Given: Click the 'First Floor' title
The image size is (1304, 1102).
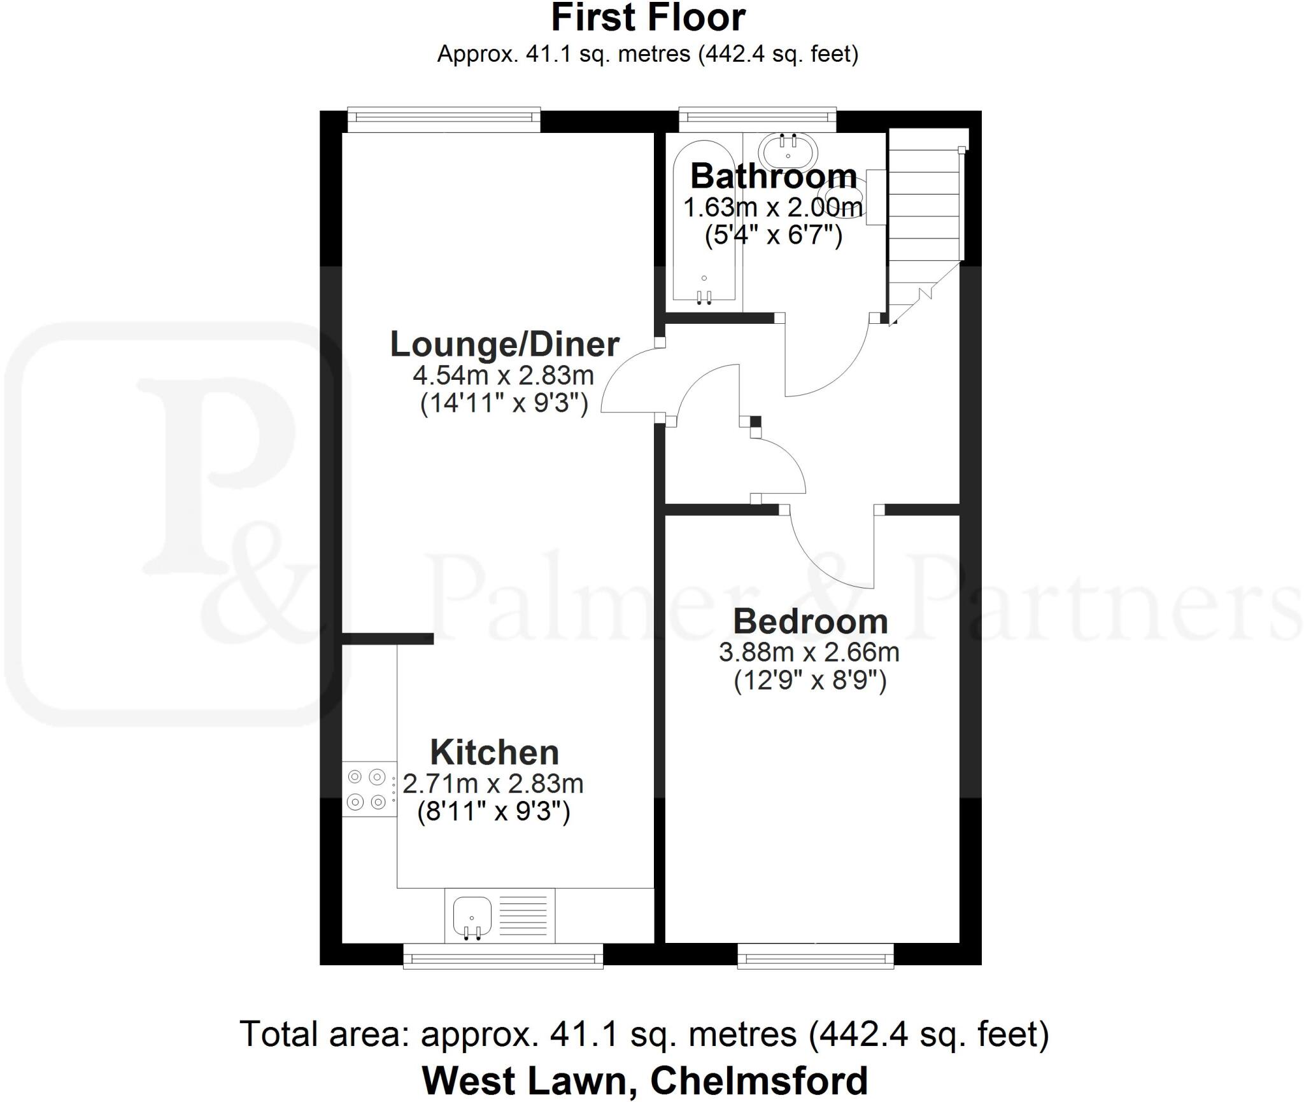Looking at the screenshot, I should click(648, 18).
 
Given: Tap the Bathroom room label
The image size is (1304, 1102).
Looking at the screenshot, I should click(773, 176).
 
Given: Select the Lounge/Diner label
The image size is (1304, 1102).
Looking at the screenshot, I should click(504, 344).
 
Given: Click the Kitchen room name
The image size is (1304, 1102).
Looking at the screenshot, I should click(494, 753).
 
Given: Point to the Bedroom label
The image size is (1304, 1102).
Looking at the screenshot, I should click(810, 622).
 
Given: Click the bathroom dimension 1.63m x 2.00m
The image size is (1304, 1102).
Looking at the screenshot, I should click(773, 207).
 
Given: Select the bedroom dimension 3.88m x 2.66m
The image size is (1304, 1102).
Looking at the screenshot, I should click(809, 652).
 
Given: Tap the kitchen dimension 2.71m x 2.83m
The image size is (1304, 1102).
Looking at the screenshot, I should click(493, 784).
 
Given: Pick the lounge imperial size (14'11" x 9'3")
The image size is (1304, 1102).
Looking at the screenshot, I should click(504, 403).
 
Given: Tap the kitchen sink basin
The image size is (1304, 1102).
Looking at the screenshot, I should click(472, 916).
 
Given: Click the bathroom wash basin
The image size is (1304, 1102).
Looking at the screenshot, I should click(788, 150).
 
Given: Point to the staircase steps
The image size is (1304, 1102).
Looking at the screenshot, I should click(923, 210).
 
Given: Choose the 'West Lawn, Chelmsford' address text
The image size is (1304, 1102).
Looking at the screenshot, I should click(644, 1080).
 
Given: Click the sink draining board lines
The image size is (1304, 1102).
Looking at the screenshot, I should click(523, 917).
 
